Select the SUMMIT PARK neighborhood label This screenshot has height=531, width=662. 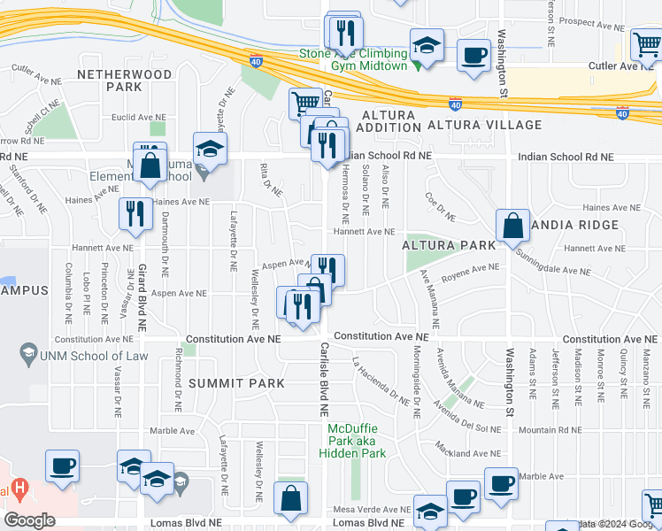[236, 383]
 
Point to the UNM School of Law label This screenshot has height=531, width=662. [89, 357]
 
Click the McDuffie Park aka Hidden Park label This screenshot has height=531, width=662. [358, 440]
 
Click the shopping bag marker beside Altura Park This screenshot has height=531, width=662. [513, 227]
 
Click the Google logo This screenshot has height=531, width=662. [29, 520]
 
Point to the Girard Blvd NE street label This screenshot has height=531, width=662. [142, 297]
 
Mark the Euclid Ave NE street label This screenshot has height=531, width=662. [139, 117]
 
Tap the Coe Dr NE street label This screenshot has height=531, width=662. [440, 206]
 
